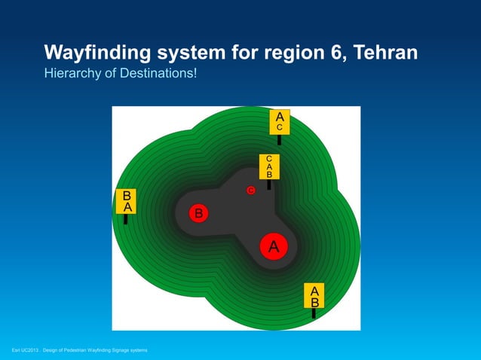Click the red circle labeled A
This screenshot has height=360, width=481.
[x=274, y=246]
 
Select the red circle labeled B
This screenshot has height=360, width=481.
[x=198, y=213]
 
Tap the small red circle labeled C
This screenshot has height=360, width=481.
[x=251, y=191]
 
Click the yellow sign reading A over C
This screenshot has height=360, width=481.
[x=280, y=122]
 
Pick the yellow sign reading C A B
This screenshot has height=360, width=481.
[x=269, y=166]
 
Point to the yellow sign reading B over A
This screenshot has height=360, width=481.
[x=126, y=201]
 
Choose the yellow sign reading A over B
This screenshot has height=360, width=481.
[x=314, y=296]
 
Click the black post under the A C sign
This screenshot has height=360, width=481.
[x=279, y=140]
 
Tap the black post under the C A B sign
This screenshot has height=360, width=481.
[x=269, y=185]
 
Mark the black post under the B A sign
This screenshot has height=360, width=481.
[x=125, y=219]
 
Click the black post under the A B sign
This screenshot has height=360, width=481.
[x=314, y=313]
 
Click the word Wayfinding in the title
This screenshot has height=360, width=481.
[x=97, y=53]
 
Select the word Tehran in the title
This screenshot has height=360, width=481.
[x=385, y=52]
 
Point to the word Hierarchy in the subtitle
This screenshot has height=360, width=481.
[x=72, y=74]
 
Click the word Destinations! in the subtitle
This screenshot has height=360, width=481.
[x=158, y=73]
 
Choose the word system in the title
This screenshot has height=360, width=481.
[x=191, y=53]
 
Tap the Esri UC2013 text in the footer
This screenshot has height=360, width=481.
[x=25, y=350]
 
